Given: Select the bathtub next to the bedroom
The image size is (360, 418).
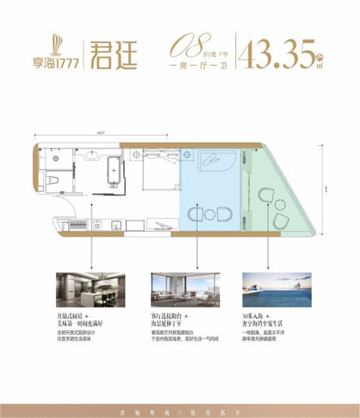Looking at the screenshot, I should tap(114, 171).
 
